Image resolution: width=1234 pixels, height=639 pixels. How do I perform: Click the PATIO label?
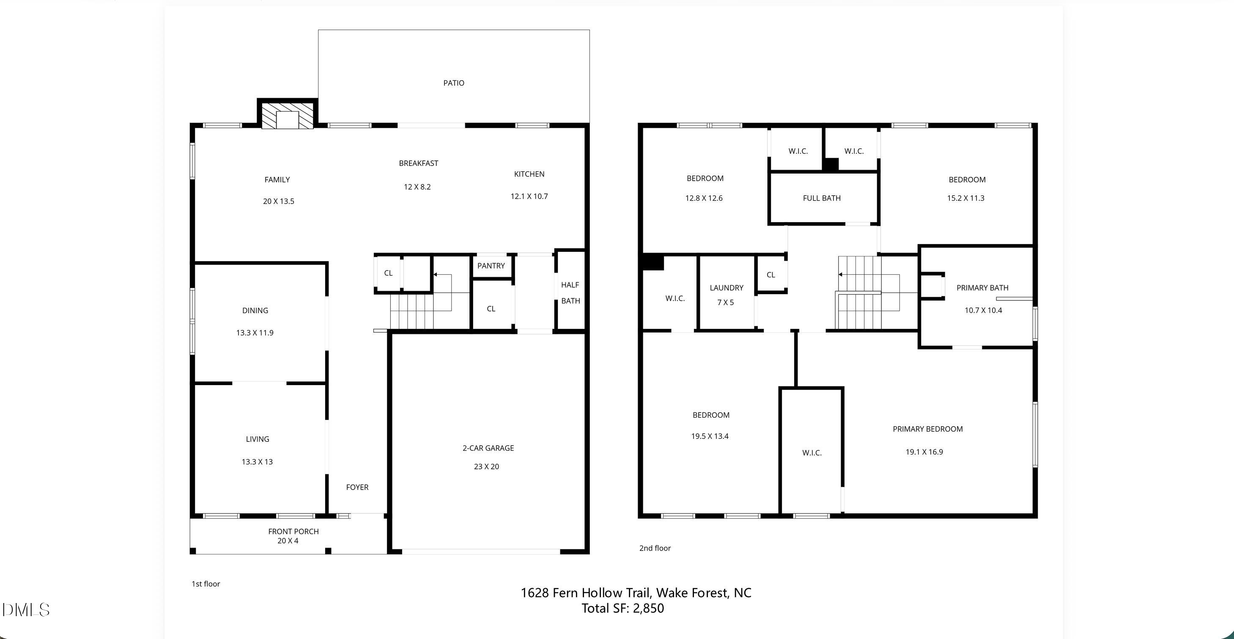pos(454,83)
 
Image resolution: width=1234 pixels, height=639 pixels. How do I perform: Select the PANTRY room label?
pos(491,266)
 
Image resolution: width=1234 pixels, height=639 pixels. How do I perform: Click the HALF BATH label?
pos(570,292)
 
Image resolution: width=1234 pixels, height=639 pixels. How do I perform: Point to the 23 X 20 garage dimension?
pos(486,466)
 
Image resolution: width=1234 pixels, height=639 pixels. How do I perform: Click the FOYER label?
pos(357,487)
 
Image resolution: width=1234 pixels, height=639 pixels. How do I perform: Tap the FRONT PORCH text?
pos(293,531)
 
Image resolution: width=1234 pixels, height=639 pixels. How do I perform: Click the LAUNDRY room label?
pos(726,288)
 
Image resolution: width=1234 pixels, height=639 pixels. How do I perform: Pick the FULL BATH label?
pos(822,198)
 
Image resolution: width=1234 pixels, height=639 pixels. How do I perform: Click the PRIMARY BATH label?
pos(982,288)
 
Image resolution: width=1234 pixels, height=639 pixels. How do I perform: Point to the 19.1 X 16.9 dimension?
pos(924,452)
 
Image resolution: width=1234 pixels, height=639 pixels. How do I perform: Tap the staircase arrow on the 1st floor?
pos(436,275)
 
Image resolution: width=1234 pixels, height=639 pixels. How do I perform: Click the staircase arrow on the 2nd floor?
pos(841,275)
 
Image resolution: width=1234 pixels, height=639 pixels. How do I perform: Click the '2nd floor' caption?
pos(655,548)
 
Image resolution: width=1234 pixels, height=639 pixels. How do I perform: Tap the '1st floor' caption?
pos(206,584)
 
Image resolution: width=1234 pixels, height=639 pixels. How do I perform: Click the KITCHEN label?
pos(529,174)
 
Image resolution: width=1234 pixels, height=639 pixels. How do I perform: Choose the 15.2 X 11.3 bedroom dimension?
pos(965,198)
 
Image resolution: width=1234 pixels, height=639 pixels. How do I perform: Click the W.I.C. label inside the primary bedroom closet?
pos(812,452)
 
